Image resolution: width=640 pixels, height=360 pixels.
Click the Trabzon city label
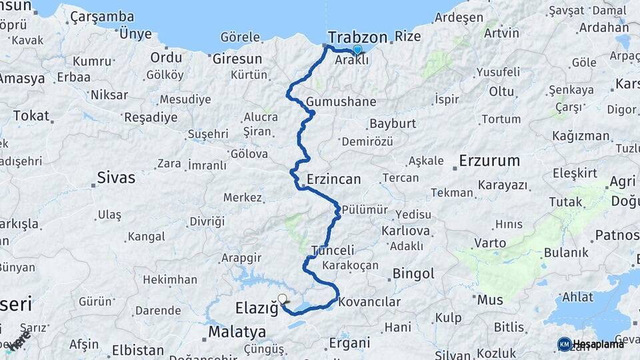point(358,36)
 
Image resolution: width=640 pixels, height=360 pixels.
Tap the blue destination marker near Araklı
point(357,50)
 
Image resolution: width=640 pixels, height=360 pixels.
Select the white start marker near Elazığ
point(283,300)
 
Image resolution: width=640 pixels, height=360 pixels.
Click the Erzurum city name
point(489,161)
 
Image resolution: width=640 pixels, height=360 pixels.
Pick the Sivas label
point(116,177)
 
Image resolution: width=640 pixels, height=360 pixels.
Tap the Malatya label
point(237,331)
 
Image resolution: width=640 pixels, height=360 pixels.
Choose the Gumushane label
point(341,102)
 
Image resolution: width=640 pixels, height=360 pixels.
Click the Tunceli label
point(333,251)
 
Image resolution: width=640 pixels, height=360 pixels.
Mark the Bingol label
point(413,273)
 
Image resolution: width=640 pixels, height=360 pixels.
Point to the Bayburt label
point(393,123)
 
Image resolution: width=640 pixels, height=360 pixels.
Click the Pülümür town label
point(365,210)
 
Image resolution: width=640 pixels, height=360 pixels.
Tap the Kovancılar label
point(369,302)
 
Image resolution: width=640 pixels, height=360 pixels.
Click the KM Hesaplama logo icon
point(564,344)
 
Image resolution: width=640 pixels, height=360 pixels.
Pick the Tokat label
point(31,115)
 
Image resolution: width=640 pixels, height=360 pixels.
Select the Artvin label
point(502,33)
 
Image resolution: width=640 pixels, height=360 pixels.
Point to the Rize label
point(407,36)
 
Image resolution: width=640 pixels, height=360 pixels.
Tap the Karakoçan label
point(350,265)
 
